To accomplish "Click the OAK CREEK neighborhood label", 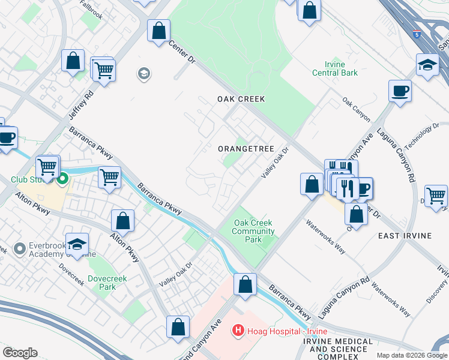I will pos(241,98).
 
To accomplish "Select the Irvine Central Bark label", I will pos(334,68).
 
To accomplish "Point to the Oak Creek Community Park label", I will pos(253,231).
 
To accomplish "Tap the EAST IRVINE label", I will pos(405,236).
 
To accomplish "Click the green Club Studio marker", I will pos(63,178).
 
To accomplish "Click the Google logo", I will pos(20,352).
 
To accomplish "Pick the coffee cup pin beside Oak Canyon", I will pos(400,91).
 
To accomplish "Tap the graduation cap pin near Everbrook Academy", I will pos(77,244).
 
